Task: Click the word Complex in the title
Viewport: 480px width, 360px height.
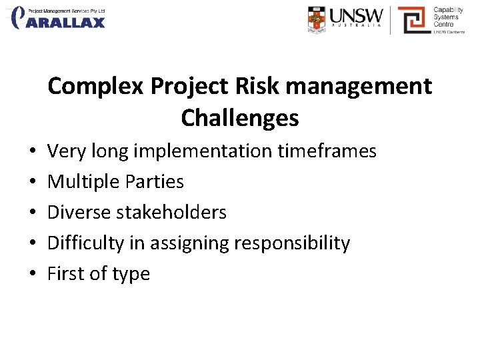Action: click(96, 87)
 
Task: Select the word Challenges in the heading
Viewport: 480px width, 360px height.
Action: click(239, 118)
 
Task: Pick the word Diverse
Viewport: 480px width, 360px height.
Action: click(79, 212)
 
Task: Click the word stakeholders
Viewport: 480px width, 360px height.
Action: click(171, 212)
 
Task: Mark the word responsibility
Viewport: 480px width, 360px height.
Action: click(291, 243)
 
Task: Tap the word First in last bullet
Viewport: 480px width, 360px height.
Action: click(64, 273)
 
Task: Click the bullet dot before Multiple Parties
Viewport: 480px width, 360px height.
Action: click(14, 182)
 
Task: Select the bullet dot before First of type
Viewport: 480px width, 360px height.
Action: click(14, 274)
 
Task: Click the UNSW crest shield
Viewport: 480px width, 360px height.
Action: click(318, 19)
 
